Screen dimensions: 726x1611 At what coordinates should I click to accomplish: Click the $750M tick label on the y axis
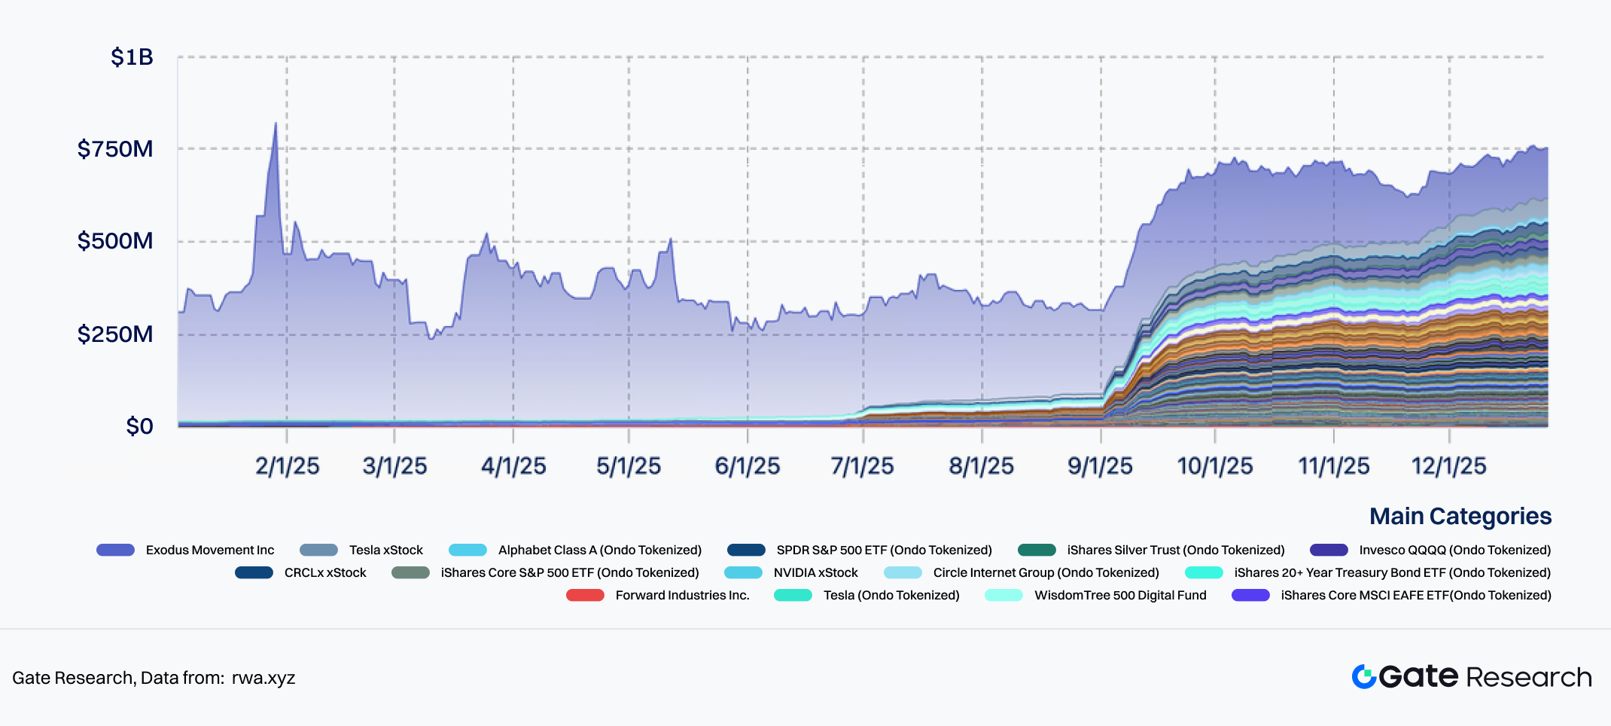point(115,149)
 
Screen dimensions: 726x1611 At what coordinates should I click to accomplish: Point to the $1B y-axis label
point(132,57)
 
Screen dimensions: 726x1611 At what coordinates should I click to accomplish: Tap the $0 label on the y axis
point(139,426)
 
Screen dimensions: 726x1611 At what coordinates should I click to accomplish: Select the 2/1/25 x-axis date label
point(287,466)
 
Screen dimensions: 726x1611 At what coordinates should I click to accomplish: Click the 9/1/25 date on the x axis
point(1100,466)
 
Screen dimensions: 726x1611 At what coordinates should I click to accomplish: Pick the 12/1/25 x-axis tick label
point(1448,466)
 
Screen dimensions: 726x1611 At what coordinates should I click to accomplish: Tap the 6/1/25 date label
point(747,466)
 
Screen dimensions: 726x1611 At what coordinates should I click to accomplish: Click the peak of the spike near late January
point(276,124)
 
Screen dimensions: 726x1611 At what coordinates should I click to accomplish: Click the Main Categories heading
point(1460,516)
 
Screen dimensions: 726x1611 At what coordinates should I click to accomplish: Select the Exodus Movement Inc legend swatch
point(115,550)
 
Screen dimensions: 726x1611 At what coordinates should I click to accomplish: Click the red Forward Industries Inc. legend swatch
point(585,595)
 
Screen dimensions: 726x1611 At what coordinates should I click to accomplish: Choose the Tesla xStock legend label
point(385,550)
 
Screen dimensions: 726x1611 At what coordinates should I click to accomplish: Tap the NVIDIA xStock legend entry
point(815,572)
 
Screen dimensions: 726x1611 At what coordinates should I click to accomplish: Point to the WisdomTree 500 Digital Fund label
point(1119,595)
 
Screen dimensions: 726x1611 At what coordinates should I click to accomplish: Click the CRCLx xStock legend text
point(325,572)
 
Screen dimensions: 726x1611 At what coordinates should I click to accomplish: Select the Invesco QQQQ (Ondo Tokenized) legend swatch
point(1329,550)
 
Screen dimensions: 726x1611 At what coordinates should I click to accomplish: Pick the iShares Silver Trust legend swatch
point(1037,550)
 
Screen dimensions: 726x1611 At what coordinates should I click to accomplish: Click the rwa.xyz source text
point(263,678)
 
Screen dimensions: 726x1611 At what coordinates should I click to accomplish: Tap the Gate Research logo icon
point(1363,676)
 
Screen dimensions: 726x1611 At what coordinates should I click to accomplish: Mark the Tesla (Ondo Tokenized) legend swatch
point(793,595)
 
